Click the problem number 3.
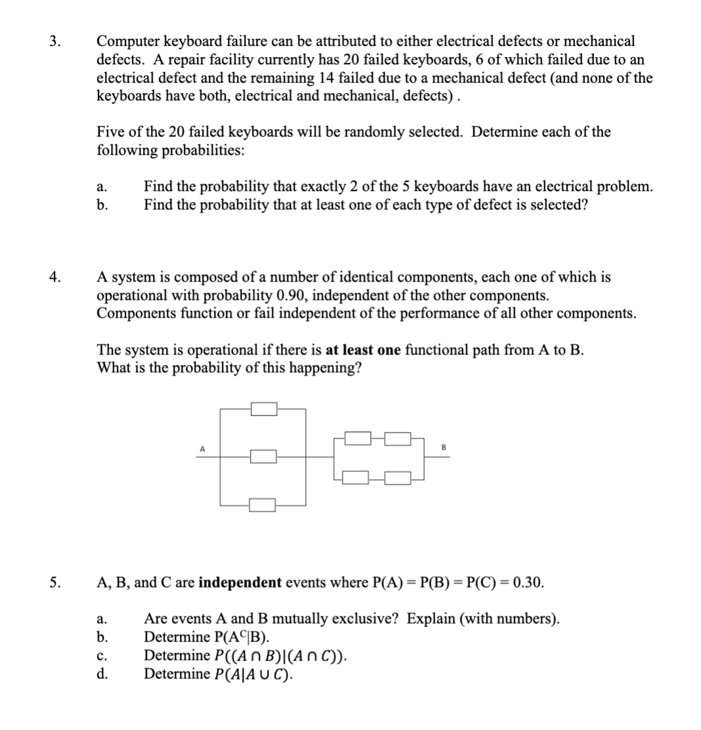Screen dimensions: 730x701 pos(55,41)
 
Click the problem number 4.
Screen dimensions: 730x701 pos(55,278)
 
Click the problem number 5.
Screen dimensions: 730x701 pos(55,582)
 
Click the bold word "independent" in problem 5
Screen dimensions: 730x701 pos(240,582)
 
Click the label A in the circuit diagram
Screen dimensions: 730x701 pos(202,449)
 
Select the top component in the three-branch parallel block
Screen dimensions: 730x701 pos(264,409)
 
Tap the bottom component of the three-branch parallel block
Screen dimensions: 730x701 pos(264,504)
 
